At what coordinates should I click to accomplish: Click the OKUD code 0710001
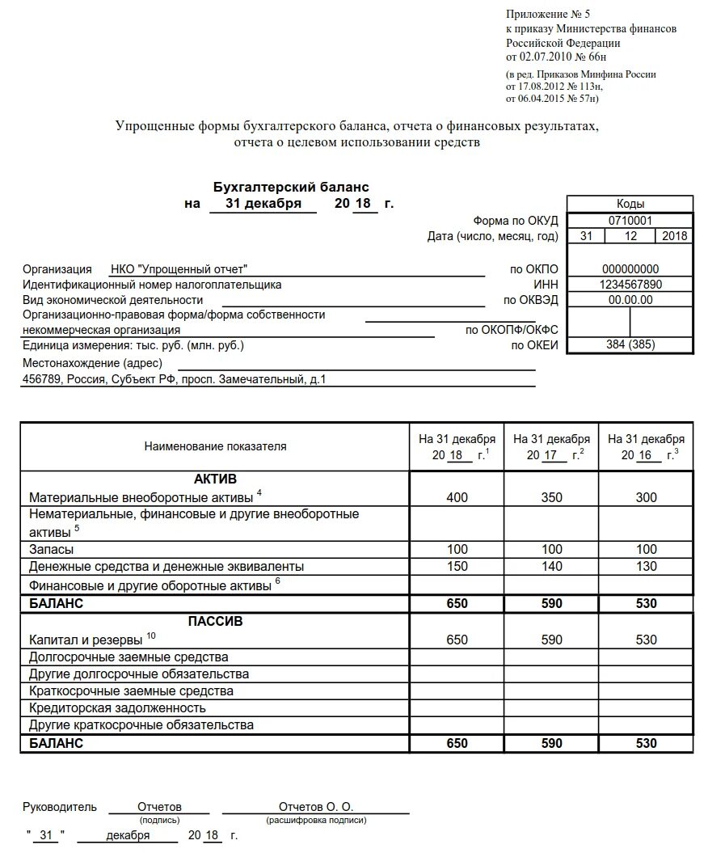point(630,220)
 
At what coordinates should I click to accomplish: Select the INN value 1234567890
point(630,285)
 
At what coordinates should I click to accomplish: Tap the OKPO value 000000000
point(630,269)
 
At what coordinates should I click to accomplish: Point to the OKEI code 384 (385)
point(630,345)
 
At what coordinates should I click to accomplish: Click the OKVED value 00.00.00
point(630,300)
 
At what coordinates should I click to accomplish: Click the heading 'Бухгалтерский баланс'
point(291,187)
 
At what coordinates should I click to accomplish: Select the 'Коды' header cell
point(630,204)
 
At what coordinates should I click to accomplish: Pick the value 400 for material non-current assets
point(457,497)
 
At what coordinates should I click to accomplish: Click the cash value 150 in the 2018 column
point(457,567)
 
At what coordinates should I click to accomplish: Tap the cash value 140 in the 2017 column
point(551,567)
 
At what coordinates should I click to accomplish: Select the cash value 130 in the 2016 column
point(646,567)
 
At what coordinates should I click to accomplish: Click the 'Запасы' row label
point(52,550)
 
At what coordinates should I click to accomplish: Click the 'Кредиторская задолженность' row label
point(119,708)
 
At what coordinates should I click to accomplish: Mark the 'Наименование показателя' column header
point(215,446)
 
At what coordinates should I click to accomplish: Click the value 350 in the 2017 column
point(551,497)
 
